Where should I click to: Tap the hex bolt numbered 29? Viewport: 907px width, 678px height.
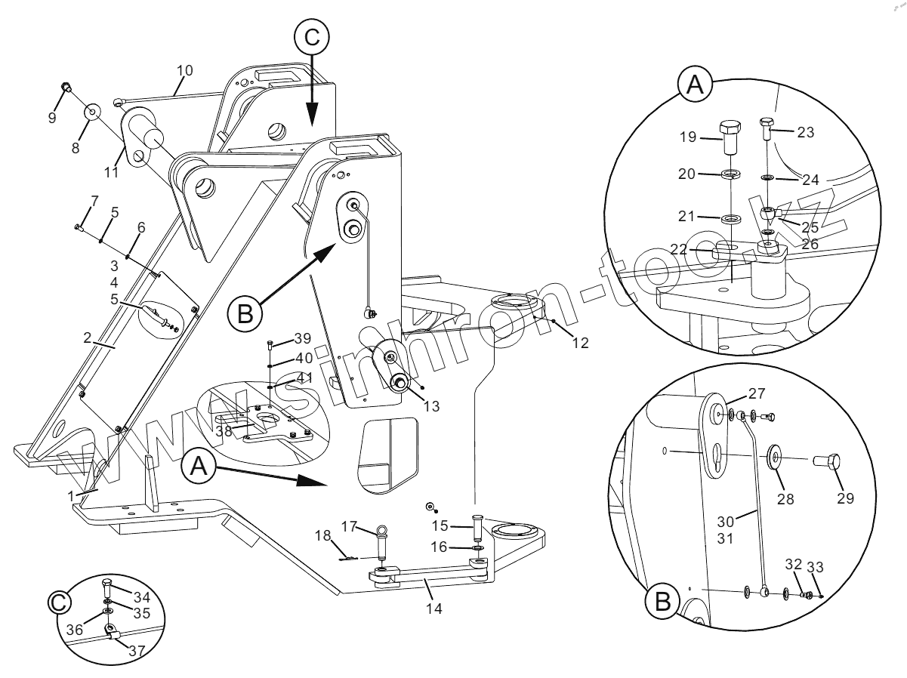(827, 461)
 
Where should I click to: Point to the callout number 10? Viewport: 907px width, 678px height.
(185, 70)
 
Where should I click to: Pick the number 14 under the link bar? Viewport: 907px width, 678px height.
(433, 606)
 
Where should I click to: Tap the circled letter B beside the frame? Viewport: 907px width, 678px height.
(244, 313)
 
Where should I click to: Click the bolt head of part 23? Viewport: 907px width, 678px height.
(767, 123)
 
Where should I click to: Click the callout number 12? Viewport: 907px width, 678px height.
(580, 342)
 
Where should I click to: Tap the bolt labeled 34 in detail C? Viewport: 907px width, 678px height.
(107, 583)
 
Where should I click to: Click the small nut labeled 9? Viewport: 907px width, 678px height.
(66, 88)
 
